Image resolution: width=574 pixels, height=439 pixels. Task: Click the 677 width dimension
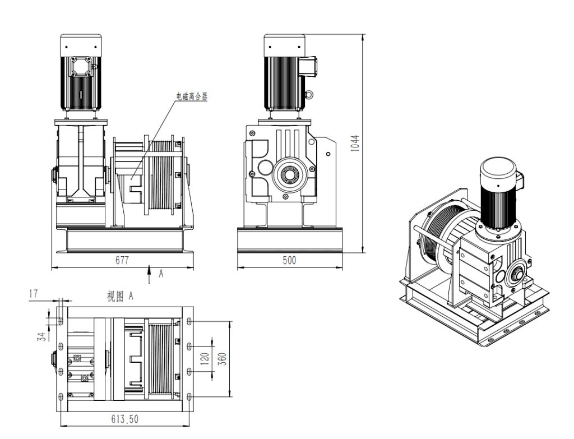(x=122, y=261)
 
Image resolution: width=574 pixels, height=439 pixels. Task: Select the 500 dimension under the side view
(x=289, y=261)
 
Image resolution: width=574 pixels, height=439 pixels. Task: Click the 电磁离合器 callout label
(x=189, y=96)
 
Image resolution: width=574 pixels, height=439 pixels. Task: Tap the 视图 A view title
(x=120, y=296)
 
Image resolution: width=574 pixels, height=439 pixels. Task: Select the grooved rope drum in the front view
(x=163, y=174)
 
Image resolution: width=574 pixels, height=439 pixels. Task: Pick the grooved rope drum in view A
(x=160, y=358)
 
